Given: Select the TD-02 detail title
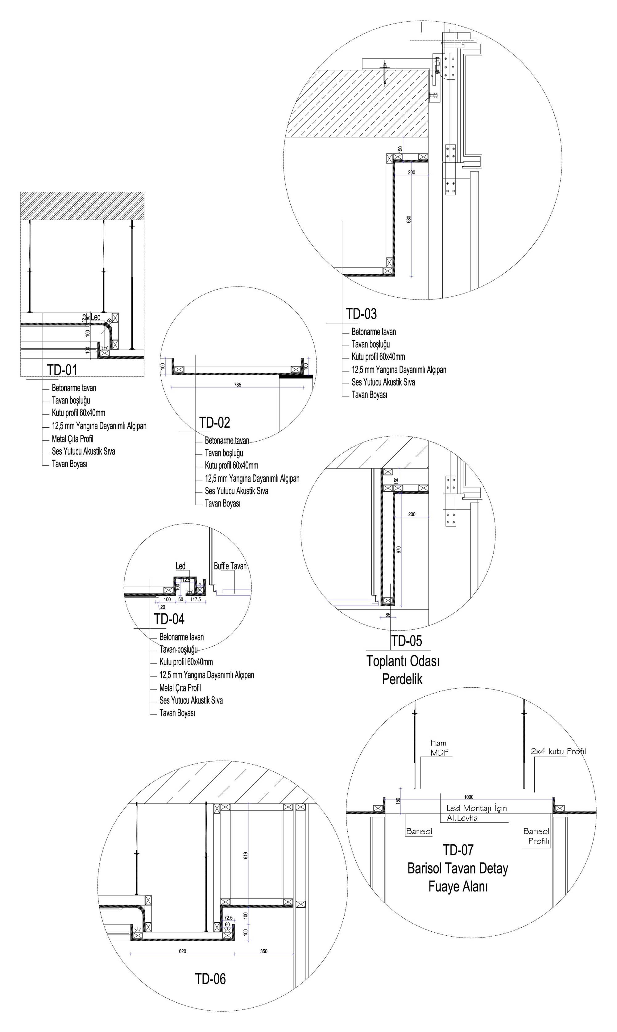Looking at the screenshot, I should [x=214, y=423].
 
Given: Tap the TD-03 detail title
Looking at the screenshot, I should [x=361, y=314].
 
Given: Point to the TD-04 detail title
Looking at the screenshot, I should [x=169, y=619].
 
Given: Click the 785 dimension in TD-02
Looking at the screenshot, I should [x=238, y=385].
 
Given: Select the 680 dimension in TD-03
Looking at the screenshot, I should [x=409, y=219].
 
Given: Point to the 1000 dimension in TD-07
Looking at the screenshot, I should [x=469, y=797].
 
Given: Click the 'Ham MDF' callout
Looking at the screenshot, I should [x=439, y=748].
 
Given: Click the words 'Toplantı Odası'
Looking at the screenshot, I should [x=403, y=661].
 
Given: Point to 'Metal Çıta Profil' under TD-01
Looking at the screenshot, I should [x=73, y=438].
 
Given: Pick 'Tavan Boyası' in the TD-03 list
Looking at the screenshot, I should [x=369, y=395].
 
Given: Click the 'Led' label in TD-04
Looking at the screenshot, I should [x=180, y=566].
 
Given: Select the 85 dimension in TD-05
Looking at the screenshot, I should [x=388, y=615].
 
